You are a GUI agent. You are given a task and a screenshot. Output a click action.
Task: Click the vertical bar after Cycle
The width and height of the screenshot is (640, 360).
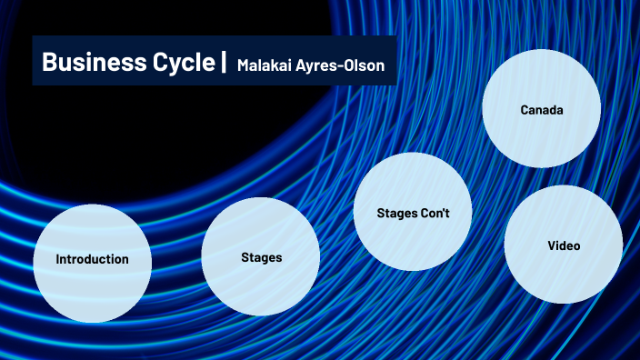point(224,63)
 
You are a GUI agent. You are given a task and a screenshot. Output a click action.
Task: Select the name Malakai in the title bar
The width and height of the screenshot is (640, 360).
point(267,65)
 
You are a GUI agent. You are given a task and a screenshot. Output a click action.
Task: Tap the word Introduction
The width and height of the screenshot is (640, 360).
point(92,259)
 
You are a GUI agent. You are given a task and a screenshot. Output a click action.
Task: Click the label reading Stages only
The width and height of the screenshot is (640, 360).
point(261,257)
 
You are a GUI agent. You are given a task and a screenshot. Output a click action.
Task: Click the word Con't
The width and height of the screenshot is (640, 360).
point(434,213)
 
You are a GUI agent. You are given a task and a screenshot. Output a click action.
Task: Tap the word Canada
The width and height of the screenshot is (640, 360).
point(542,110)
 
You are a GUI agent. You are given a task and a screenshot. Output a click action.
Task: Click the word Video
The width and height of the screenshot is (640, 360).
point(564,245)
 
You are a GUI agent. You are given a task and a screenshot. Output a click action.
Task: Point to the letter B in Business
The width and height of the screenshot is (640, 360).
point(48,63)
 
